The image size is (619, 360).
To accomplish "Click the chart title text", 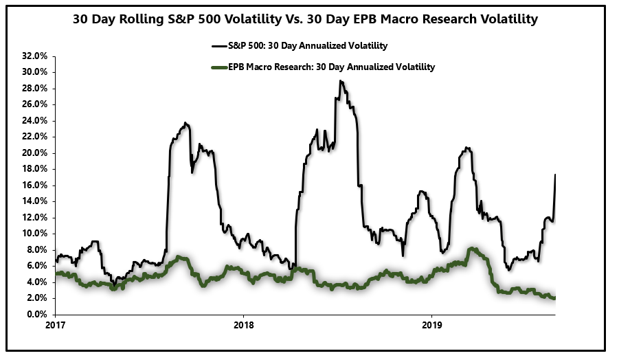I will coord(305,19).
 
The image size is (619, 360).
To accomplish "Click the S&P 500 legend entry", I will coord(300,46).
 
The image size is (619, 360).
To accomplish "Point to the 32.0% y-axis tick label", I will coord(33,56).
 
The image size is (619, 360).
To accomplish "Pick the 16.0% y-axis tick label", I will coord(33,185).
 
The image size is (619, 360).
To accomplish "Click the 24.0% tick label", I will coord(33,120).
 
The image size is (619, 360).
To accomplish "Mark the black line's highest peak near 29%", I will coord(340,81).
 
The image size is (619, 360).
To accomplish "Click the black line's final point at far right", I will coord(554,175).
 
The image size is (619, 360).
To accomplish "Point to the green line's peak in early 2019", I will coord(471,249).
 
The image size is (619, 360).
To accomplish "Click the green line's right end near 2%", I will coord(554,297).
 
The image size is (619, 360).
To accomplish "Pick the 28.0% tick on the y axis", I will coord(33,88).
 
